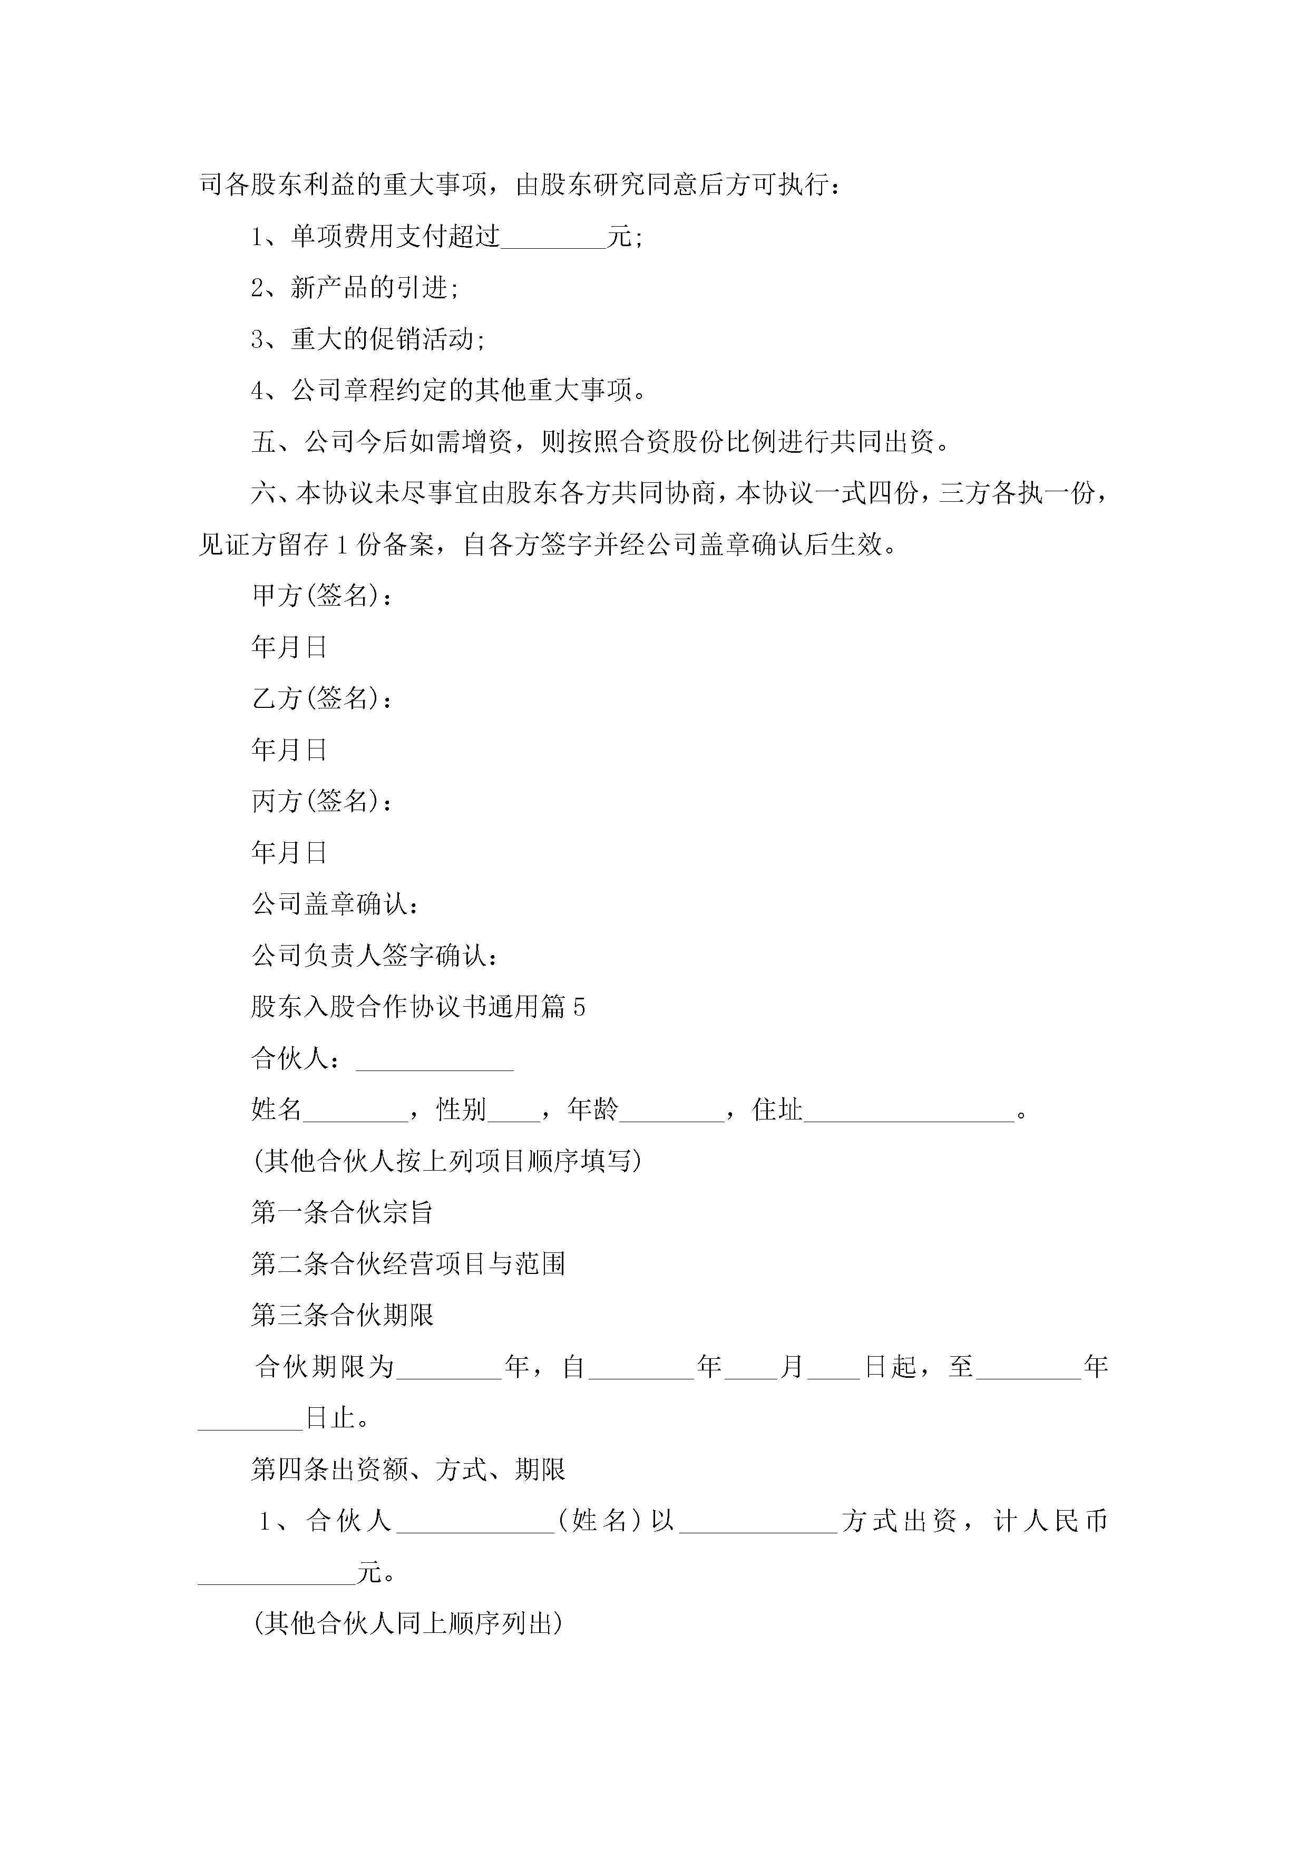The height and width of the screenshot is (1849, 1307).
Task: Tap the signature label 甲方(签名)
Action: pos(322,596)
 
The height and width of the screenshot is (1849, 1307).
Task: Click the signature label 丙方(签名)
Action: pos(322,801)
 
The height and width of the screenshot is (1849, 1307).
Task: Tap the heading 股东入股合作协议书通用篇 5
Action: pos(418,1007)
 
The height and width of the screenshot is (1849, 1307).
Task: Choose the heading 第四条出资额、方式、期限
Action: pos(408,1470)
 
